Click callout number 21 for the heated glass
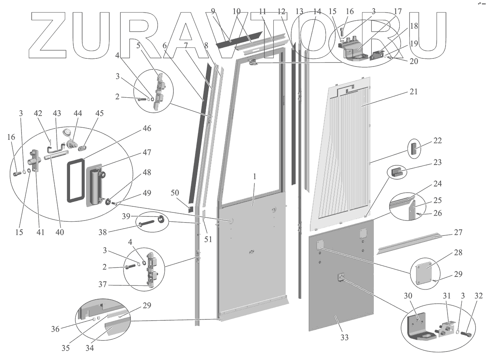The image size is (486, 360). [x=413, y=92]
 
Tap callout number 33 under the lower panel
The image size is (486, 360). [x=345, y=337]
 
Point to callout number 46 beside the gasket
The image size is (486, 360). [x=146, y=129]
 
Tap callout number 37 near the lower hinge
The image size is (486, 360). [x=103, y=285]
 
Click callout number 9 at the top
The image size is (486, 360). [x=213, y=11]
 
